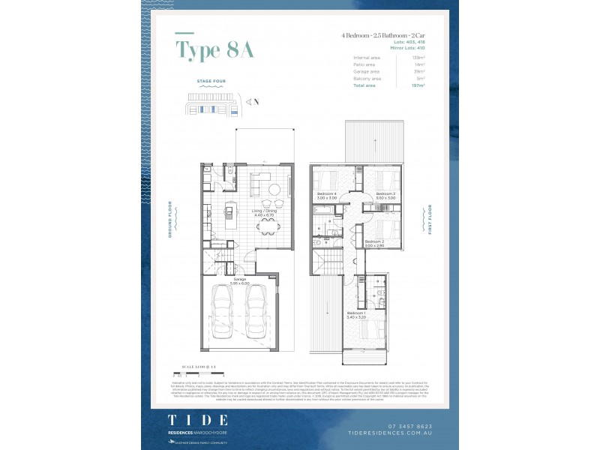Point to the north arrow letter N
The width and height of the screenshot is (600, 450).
coord(256,100)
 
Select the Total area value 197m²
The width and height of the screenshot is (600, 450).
coord(418,85)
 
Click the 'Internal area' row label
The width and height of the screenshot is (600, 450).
coord(367,58)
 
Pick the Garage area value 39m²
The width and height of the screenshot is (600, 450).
coord(419,71)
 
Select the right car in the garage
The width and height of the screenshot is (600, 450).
coord(257,312)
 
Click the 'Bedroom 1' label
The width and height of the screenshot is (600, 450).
coord(355,313)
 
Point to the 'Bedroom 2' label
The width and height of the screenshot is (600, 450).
coord(373,241)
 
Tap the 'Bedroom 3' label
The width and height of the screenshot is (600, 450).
coord(385,193)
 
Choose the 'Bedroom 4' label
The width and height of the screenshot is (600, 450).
coord(326,193)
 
